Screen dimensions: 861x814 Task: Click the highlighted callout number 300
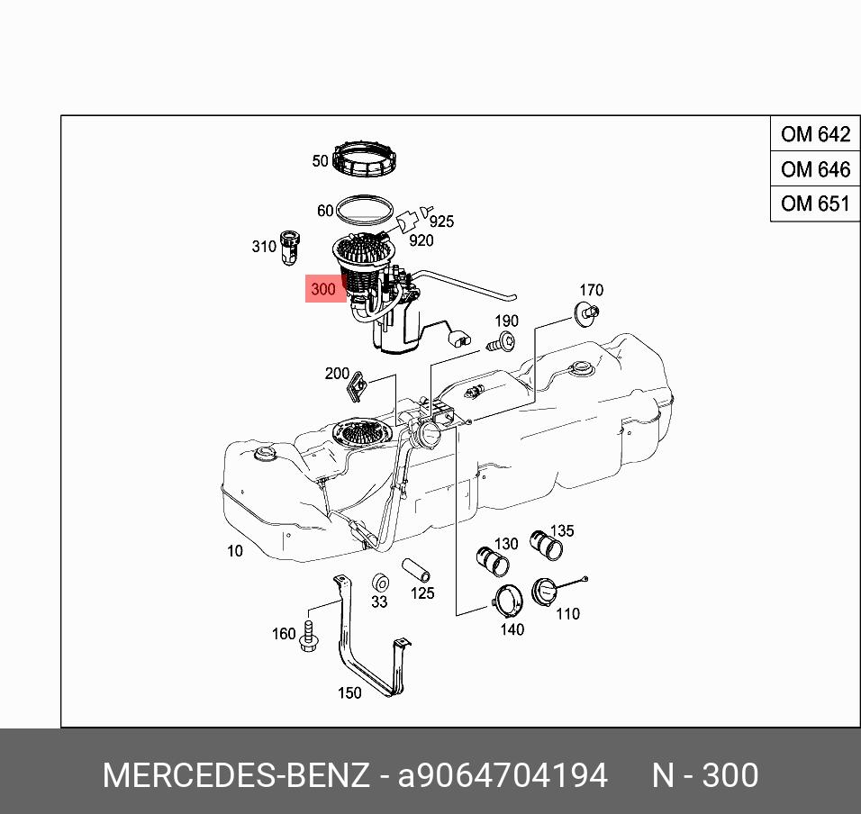[x=322, y=290]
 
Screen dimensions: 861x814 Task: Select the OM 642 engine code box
[x=815, y=135]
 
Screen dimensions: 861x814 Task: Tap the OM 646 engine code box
[x=815, y=169]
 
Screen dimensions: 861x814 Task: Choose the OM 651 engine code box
[x=815, y=203]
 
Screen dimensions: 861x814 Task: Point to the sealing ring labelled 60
[x=365, y=211]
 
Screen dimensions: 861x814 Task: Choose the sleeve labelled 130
[x=492, y=560]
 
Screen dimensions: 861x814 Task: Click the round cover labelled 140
[x=508, y=599]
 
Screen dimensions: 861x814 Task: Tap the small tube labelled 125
[x=415, y=571]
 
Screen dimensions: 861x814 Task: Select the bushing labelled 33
[x=381, y=582]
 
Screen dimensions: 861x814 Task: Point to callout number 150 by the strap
[x=349, y=692]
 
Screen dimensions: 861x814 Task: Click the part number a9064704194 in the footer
[x=503, y=775]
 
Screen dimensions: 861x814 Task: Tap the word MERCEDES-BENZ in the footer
[x=236, y=775]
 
